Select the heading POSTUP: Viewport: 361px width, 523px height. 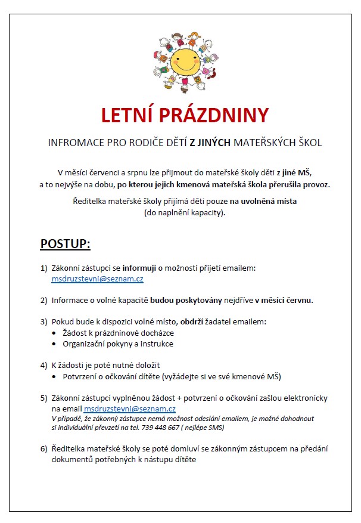click(x=65, y=244)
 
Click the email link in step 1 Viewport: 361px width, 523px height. click(x=98, y=278)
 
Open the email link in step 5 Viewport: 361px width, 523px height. click(x=130, y=409)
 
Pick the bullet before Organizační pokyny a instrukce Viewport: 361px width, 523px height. click(x=55, y=343)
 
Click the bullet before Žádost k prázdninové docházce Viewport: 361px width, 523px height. click(x=55, y=333)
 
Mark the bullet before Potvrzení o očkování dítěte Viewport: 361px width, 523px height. click(x=55, y=376)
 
